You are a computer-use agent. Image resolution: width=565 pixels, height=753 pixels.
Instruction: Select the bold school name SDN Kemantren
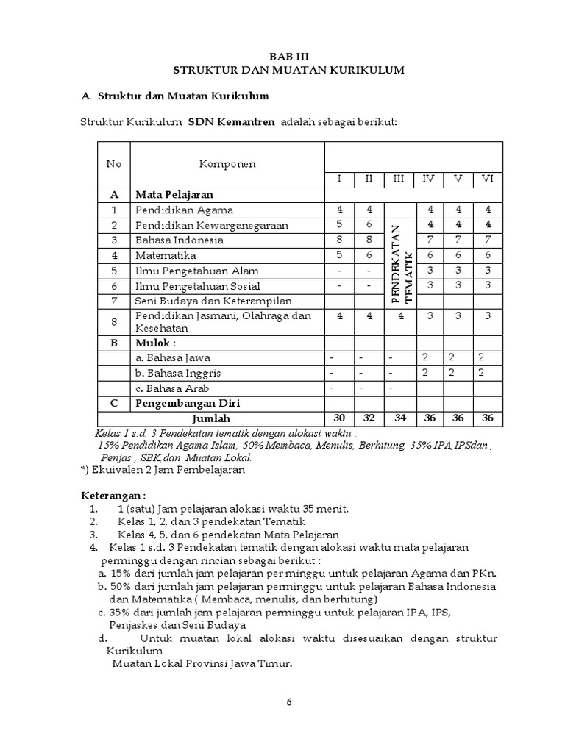231,121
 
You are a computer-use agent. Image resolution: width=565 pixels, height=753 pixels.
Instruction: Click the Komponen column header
227,164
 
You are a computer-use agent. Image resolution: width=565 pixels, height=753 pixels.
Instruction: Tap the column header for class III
399,179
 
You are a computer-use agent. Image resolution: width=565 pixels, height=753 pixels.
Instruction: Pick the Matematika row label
166,255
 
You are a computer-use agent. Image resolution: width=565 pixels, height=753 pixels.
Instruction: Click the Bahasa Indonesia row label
179,240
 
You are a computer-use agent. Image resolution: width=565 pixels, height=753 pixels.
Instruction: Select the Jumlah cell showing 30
339,418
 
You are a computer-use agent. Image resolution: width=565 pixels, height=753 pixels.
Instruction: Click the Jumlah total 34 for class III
399,418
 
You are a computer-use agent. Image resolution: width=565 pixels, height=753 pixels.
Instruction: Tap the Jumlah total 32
369,418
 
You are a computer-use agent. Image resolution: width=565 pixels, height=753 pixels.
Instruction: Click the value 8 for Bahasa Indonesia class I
339,240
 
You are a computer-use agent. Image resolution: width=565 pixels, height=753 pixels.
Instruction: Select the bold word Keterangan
113,494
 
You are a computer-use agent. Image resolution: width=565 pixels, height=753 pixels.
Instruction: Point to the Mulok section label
155,343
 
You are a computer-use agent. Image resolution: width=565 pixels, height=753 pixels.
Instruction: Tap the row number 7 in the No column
114,300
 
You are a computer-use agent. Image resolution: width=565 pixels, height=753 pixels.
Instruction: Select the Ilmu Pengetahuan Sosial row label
196,285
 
